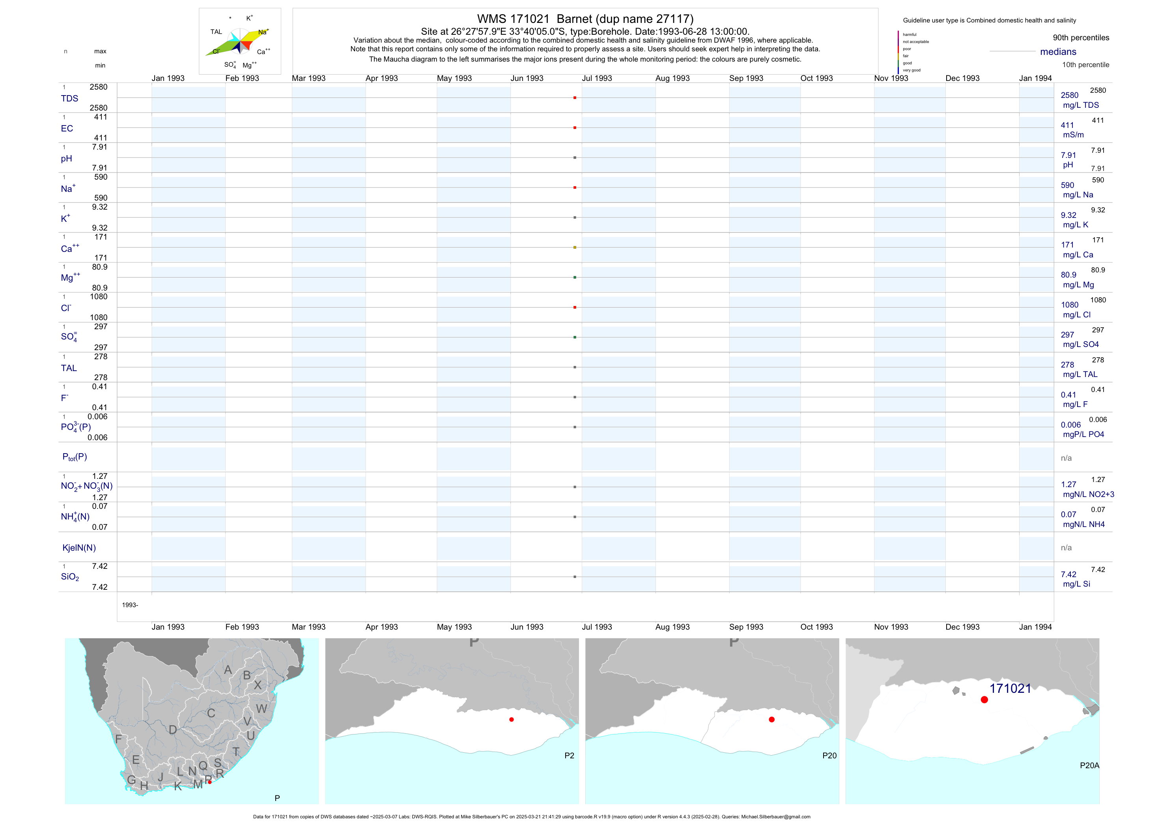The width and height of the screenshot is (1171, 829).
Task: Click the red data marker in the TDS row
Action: [574, 98]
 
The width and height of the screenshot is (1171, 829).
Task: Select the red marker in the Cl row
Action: [574, 307]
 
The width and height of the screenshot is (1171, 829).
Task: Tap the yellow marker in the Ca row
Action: [574, 248]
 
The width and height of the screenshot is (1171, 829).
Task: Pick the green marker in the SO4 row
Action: [574, 338]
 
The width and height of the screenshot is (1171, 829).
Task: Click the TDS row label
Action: [69, 99]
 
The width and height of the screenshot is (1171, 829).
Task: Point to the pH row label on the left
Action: [66, 159]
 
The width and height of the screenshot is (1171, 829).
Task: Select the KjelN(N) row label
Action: [78, 548]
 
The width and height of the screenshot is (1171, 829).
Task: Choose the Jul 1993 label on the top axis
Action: [596, 79]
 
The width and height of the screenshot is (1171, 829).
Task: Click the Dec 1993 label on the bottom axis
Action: [962, 627]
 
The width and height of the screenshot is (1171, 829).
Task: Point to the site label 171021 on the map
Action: [1010, 688]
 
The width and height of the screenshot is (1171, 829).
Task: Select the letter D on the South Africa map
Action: [173, 730]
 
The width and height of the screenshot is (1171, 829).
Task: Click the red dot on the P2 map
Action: [511, 720]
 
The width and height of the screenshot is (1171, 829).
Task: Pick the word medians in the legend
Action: [1058, 52]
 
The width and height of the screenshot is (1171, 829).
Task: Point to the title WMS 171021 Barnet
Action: [585, 19]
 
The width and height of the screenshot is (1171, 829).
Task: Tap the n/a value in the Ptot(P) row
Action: [1066, 458]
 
